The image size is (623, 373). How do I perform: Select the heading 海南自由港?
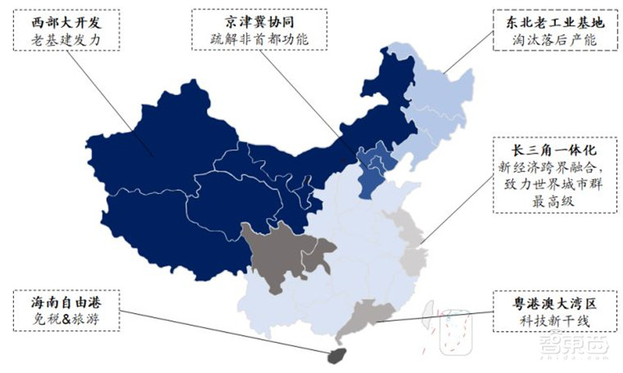coord(66,301)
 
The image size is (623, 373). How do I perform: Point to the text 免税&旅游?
coord(66,319)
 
